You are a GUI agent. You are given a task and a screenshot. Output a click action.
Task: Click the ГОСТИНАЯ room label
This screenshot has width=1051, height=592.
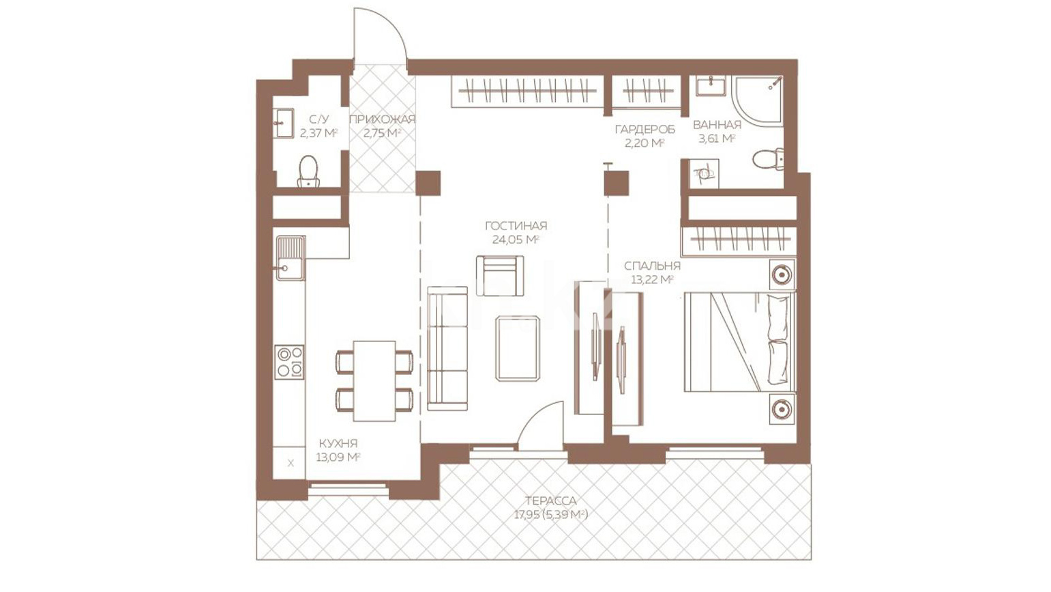516,226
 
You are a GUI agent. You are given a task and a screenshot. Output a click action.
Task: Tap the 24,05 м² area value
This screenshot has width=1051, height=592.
516,240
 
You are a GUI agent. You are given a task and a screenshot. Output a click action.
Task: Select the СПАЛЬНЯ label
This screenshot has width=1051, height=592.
652,266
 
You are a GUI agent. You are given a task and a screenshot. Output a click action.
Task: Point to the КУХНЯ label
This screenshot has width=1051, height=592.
338,443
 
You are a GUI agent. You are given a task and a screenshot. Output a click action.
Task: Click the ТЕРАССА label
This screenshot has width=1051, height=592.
551,501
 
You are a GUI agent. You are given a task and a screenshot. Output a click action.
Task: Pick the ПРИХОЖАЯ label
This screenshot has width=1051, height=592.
383,119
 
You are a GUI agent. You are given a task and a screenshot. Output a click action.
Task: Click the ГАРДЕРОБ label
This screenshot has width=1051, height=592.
645,129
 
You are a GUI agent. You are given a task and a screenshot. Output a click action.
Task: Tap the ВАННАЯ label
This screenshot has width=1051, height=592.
717,125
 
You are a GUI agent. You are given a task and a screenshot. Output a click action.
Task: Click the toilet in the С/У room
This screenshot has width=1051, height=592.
308,171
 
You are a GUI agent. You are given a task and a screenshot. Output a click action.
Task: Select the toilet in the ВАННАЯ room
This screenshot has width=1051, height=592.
768,160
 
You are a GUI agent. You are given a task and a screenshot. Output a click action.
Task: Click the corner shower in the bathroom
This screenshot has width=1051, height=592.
758,101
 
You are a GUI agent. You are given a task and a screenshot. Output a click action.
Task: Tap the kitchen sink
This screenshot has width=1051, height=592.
291,258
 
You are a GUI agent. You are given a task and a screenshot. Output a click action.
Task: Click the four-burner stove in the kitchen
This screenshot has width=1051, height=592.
289,361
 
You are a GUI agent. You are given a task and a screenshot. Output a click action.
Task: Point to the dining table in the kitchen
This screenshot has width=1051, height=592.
374,381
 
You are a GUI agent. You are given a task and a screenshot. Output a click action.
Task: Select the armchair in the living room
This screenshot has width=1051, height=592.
500,276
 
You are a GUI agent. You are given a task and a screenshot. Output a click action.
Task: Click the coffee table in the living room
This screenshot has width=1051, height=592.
518,348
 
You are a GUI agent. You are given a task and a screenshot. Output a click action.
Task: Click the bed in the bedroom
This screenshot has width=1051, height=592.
740,341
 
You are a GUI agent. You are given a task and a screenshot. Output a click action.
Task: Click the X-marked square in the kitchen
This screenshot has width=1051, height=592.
291,463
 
